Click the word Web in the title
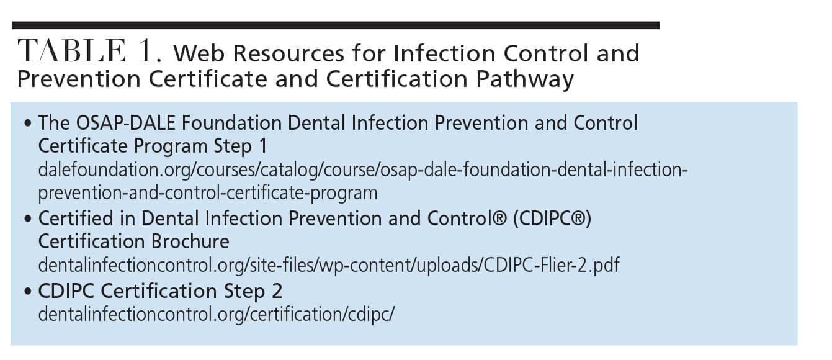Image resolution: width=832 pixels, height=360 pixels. point(199,53)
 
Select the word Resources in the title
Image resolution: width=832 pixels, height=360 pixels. point(289,53)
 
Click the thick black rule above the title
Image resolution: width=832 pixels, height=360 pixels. point(336,25)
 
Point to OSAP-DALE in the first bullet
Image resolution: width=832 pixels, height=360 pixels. point(125,123)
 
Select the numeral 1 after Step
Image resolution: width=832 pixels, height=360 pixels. point(263,146)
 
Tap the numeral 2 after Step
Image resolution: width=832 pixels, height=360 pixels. point(277,291)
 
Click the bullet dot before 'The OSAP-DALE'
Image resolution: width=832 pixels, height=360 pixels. point(27,124)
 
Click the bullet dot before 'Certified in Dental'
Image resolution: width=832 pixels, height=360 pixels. point(27,219)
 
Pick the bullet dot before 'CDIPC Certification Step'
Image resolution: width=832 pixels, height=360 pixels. point(27,291)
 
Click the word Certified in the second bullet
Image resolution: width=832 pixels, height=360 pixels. point(76,218)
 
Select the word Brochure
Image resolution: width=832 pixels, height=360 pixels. point(190,241)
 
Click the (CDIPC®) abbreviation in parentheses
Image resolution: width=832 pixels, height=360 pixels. point(552,219)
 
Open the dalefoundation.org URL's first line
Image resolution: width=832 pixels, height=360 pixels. point(363,170)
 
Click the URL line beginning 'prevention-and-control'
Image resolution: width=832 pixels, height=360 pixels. point(208,193)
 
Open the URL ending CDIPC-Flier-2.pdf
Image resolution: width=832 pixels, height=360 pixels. point(329,266)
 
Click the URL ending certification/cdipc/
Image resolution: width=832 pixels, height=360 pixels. point(216,315)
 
